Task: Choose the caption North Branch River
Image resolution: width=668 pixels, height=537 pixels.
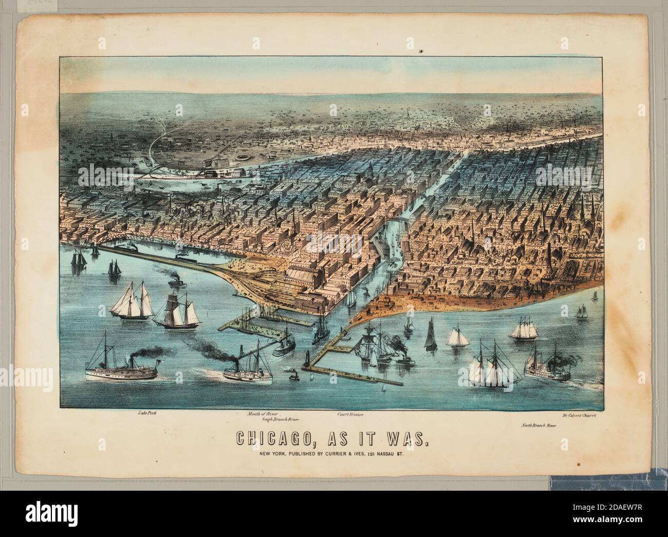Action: pos(539,426)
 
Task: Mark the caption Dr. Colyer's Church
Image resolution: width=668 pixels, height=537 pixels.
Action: pos(579,415)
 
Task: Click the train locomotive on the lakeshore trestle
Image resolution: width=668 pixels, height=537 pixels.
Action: pos(128,248)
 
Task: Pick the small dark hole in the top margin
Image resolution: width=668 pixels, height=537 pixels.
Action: pos(421,51)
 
